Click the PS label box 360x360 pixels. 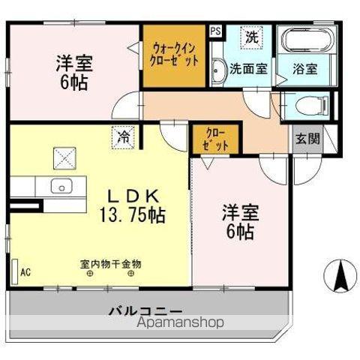point(215,31)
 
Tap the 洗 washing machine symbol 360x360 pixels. point(252,36)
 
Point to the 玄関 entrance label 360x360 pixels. point(306,138)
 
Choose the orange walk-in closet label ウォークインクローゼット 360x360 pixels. point(173,54)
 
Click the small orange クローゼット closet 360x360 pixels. point(216,140)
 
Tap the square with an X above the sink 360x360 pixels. point(64,158)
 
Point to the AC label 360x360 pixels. point(25,272)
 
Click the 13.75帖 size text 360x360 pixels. point(132,214)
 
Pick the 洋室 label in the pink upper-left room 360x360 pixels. point(73,64)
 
